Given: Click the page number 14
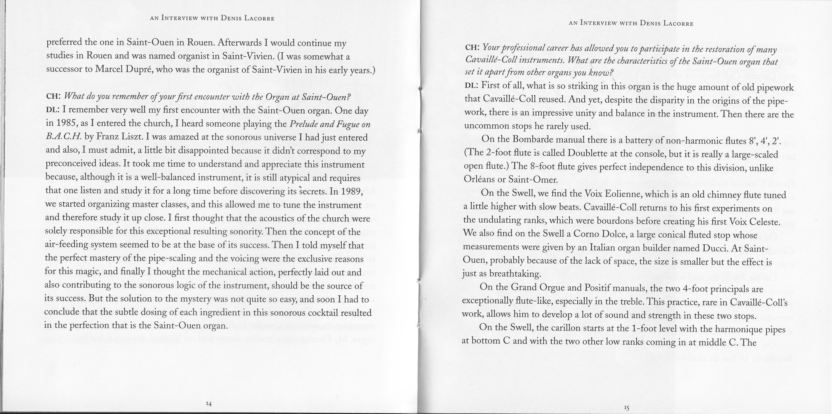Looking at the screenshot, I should coord(209,403).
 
